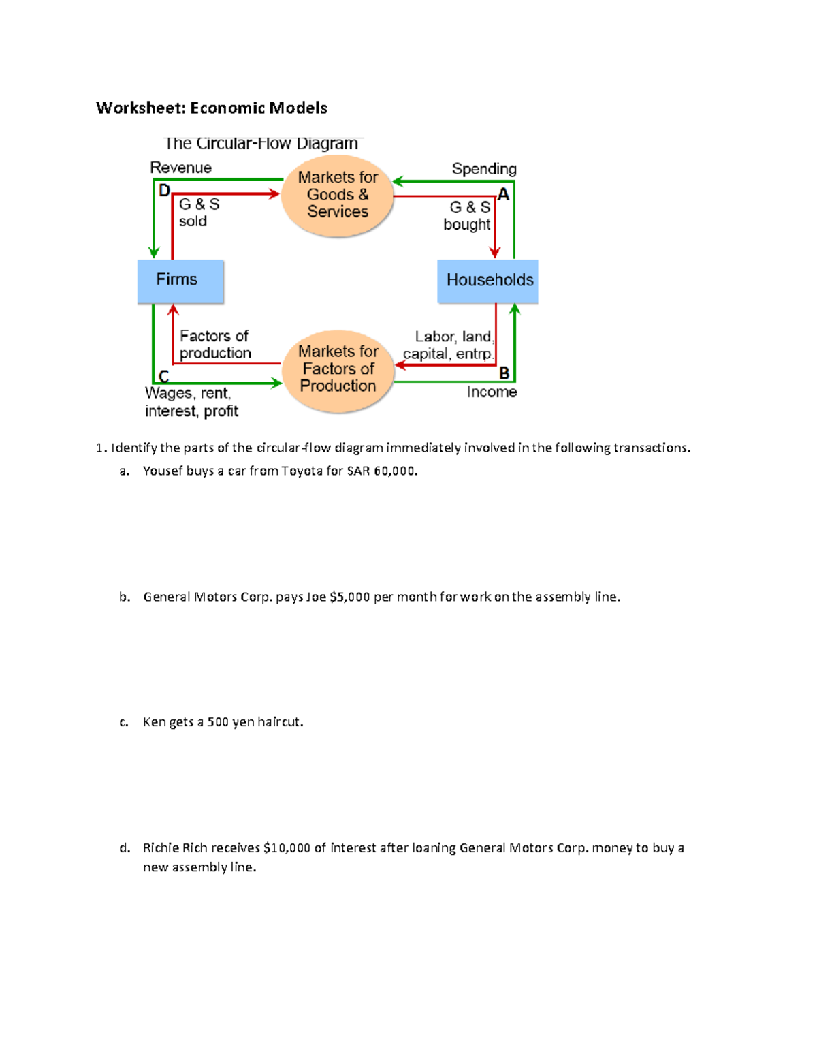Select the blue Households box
[x=487, y=281]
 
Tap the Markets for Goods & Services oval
[x=338, y=196]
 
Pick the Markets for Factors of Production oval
[x=338, y=369]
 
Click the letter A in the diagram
[x=504, y=195]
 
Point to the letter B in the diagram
[x=504, y=373]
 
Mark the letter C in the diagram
[x=163, y=376]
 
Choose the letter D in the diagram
[x=164, y=191]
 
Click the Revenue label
[x=180, y=168]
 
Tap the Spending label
[x=484, y=169]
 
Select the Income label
[x=492, y=392]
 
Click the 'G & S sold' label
[x=198, y=213]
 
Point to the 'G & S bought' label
[x=468, y=215]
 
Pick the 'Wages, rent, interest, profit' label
[x=191, y=402]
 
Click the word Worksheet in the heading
[x=140, y=108]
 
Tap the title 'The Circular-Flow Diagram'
[x=261, y=144]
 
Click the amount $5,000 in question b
[x=349, y=597]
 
